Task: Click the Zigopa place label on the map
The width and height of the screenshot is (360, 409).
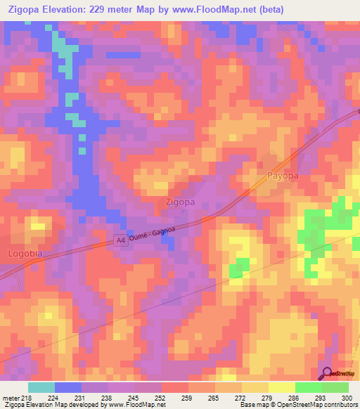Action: tap(179, 202)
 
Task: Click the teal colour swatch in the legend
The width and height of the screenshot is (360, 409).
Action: tap(41, 387)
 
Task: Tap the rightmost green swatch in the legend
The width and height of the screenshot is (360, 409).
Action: tap(335, 387)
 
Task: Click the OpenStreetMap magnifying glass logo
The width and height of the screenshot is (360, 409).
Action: tap(326, 374)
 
